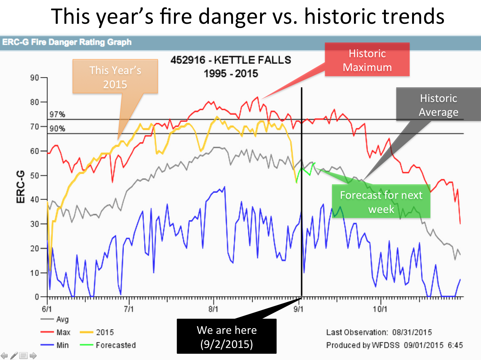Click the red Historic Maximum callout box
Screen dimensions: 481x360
coord(367,59)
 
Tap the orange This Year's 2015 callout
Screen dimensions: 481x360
coord(115,76)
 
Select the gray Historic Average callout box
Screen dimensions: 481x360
coord(438,104)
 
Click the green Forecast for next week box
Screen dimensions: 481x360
coord(381,201)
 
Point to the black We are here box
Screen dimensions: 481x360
coord(227,336)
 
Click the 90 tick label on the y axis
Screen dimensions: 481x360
coord(35,78)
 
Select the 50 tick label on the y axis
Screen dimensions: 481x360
coord(35,176)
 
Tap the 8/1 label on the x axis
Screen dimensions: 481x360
coord(213,309)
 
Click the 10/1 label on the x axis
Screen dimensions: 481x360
coord(380,309)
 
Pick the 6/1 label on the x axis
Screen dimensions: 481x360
coord(47,309)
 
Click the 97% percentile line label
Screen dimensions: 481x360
coord(57,114)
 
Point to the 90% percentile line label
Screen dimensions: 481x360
coord(57,128)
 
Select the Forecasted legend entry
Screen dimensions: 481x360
coord(108,345)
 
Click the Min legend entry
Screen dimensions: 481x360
coord(54,345)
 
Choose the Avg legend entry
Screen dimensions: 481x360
coord(54,319)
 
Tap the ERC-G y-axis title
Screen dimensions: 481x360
coord(20,187)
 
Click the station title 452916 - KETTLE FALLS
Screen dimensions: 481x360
coord(231,60)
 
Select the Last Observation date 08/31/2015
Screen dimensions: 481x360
coord(412,332)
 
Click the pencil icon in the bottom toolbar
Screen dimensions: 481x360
coord(14,355)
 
